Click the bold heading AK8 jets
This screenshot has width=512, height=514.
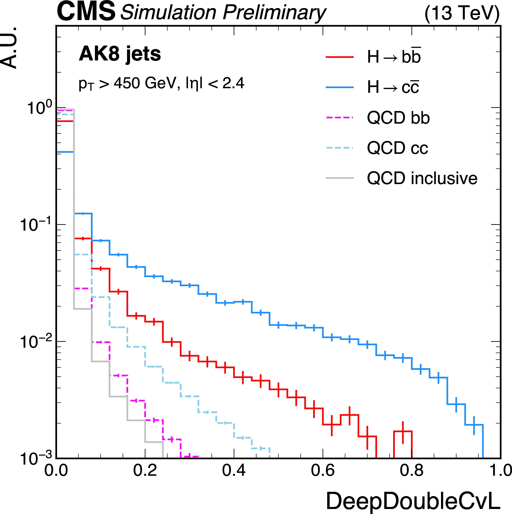(120, 54)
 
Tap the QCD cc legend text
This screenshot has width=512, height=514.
(397, 148)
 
